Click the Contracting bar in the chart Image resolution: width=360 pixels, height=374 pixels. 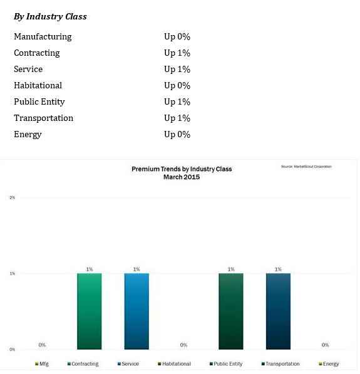click(90, 311)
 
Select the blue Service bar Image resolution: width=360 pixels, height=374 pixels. click(136, 311)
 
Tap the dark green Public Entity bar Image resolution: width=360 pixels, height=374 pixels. click(231, 311)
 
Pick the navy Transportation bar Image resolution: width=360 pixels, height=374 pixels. click(278, 311)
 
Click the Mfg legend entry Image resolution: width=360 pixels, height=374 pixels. click(42, 364)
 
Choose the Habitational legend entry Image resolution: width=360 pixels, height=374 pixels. click(174, 364)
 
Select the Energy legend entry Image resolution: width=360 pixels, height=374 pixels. click(329, 364)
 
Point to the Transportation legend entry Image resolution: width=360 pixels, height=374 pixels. click(280, 364)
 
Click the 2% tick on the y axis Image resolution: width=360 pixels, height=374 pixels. click(12, 197)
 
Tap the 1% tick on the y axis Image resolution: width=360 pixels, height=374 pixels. click(12, 273)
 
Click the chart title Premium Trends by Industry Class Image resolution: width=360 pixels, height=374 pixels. click(182, 169)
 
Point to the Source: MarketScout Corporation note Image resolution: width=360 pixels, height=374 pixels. click(306, 167)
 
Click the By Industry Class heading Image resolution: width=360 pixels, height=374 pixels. click(50, 16)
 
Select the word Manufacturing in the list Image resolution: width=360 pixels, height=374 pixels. click(43, 36)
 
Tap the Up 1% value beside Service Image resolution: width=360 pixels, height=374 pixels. click(177, 69)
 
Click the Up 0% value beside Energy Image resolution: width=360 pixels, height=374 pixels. click(177, 134)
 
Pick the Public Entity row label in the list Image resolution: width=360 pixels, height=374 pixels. click(39, 102)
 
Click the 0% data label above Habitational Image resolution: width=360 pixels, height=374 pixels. click(183, 345)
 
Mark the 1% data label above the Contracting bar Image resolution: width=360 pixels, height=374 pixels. click(90, 269)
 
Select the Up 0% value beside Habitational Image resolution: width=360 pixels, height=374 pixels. click(177, 85)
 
